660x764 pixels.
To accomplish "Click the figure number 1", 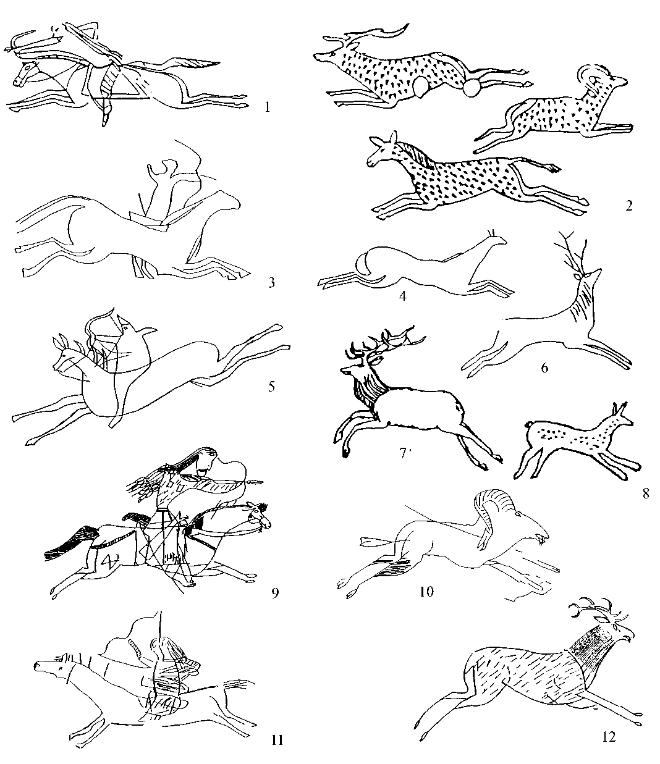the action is tap(268, 107).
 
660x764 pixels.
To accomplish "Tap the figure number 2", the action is tap(629, 206).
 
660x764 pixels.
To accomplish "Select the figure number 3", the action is tap(271, 282).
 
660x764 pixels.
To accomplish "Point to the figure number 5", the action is tap(272, 386).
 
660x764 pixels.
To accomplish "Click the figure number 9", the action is tap(275, 594).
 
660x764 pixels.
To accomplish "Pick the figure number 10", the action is tap(426, 592).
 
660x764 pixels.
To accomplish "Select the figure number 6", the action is tap(544, 367).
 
